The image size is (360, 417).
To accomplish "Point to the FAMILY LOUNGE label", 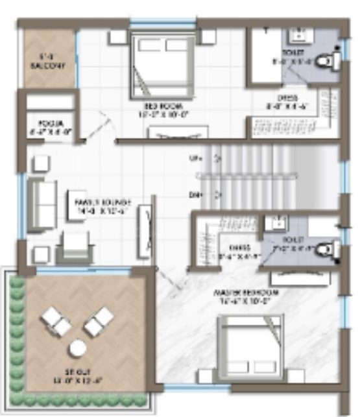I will [103, 201].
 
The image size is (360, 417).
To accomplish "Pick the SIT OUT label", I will [77, 375].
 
